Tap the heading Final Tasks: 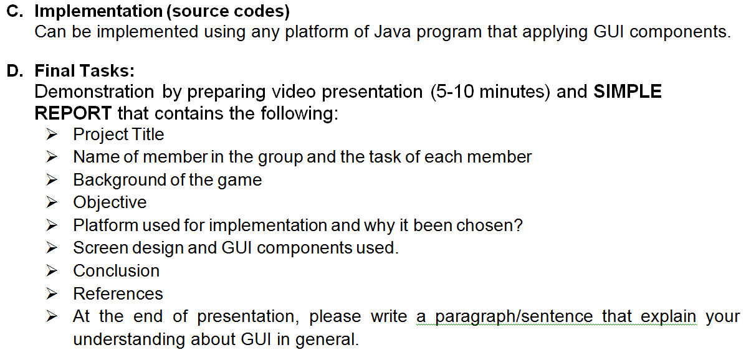coord(85,71)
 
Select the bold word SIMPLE coord(628,92)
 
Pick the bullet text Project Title coord(118,135)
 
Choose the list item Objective coord(110,202)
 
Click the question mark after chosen coord(518,225)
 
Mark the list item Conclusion coord(116,271)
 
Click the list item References coord(118,293)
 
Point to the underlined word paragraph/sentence coord(514,316)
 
